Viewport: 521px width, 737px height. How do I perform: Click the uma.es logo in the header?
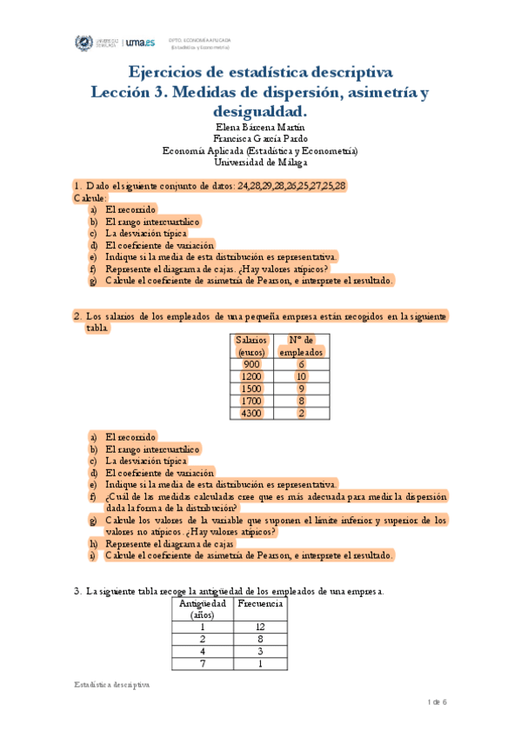(x=140, y=43)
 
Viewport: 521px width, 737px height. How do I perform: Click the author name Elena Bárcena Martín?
(x=260, y=127)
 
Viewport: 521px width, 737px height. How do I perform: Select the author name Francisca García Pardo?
(x=260, y=138)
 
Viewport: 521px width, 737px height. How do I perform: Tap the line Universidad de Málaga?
(x=260, y=162)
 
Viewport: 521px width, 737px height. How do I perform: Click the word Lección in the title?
(x=124, y=91)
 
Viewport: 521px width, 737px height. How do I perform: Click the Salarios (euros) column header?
(x=251, y=346)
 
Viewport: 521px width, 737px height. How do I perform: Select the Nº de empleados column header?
(x=301, y=346)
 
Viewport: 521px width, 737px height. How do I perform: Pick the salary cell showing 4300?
(x=251, y=414)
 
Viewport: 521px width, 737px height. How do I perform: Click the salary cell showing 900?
(x=251, y=364)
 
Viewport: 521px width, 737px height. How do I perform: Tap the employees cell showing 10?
(x=301, y=376)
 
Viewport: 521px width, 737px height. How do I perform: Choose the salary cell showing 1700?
(x=251, y=402)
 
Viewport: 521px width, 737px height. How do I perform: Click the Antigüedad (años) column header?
(x=202, y=608)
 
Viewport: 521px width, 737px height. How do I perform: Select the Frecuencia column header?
(x=259, y=603)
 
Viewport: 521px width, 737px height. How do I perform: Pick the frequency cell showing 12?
(x=259, y=627)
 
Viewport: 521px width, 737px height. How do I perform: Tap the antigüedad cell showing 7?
(x=202, y=664)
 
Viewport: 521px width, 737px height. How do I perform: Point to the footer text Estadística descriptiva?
(x=112, y=685)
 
